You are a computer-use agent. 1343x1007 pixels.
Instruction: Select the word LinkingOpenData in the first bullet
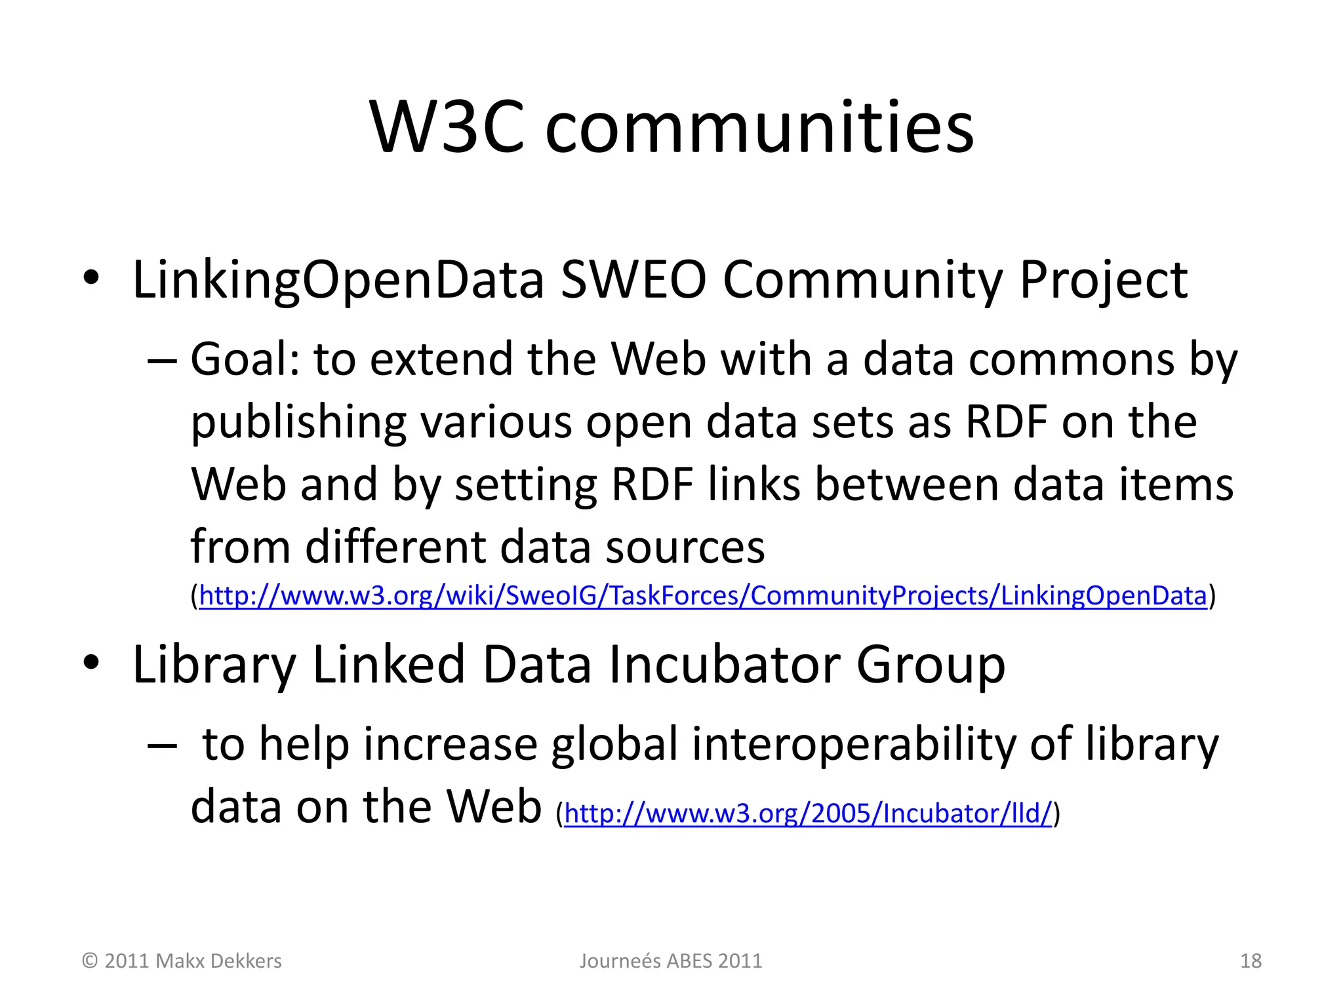tap(338, 281)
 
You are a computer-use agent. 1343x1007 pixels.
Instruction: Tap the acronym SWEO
tap(633, 281)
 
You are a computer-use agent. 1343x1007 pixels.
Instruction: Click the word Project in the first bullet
tap(1103, 281)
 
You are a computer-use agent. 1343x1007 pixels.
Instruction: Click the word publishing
tap(299, 423)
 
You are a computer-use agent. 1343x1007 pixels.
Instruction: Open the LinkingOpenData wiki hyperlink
tap(703, 595)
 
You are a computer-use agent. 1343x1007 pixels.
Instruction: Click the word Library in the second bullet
tap(214, 665)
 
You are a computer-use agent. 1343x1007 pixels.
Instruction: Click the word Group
tap(931, 665)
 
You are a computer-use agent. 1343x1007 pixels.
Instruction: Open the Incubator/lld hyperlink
tap(808, 814)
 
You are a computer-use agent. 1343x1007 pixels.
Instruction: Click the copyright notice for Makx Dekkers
tap(182, 961)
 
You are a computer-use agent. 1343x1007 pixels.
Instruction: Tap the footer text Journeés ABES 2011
tap(671, 961)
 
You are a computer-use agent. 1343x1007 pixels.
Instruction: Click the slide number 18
tap(1251, 961)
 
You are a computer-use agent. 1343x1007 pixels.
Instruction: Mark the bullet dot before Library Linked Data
tap(91, 662)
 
